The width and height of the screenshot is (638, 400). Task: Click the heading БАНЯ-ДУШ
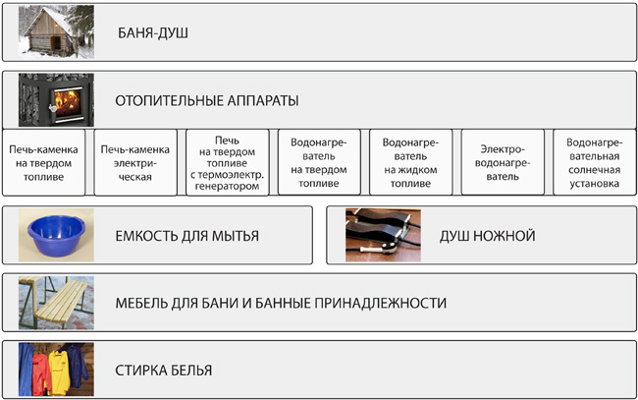tap(153, 33)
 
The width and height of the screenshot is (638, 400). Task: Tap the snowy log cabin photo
tap(56, 31)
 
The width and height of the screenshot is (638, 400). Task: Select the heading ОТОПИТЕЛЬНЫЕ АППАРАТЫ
tap(207, 100)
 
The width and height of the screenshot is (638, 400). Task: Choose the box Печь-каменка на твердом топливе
tap(43, 162)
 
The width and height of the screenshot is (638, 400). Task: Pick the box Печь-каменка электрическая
tap(135, 162)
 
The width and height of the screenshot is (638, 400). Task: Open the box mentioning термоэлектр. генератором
tap(228, 162)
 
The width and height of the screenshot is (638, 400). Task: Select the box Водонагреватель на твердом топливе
tap(319, 162)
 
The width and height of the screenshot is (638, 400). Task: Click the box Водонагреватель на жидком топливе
tap(411, 162)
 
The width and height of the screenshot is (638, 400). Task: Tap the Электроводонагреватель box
tap(503, 162)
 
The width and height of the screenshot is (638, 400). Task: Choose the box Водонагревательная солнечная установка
tap(595, 162)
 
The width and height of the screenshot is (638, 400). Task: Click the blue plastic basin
tap(57, 236)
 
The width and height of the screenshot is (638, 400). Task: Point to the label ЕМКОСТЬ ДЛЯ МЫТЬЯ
tap(187, 236)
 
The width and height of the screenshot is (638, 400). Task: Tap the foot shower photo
tap(383, 235)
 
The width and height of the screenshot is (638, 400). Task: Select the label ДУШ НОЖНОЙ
tap(488, 236)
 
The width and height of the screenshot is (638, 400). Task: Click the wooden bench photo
tap(56, 303)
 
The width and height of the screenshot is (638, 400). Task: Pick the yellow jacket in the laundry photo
tap(60, 372)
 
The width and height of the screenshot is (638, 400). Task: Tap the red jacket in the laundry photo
tap(41, 374)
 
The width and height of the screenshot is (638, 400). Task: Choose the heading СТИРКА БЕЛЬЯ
tap(164, 371)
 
